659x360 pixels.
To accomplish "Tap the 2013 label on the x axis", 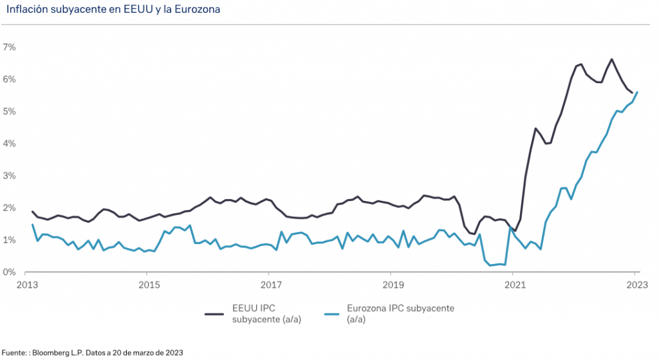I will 26,284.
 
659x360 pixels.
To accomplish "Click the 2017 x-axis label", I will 270,284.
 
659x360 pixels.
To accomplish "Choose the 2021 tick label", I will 514,284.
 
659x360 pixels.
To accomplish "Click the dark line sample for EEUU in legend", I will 214,314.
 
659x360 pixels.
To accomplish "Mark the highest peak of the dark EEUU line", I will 611,59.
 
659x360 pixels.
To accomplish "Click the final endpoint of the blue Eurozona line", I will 637,92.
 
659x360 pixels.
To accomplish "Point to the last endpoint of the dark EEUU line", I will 632,92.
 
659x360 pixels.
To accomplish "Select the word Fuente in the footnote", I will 14,352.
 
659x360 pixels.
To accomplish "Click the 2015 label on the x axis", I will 149,284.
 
